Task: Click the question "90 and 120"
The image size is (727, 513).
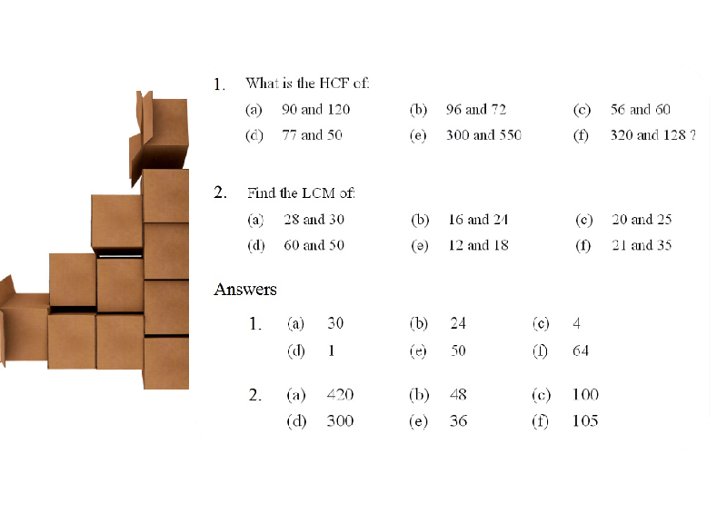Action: coord(315,109)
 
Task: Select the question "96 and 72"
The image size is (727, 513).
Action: coord(476,109)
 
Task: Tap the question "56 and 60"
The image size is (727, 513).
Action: coord(641,109)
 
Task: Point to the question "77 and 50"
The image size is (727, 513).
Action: coord(312,135)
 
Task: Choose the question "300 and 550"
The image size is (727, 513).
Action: coord(483,135)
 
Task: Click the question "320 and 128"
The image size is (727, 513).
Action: coord(648,135)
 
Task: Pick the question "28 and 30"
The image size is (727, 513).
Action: coord(314,219)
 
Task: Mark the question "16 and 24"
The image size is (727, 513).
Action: coord(478,219)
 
